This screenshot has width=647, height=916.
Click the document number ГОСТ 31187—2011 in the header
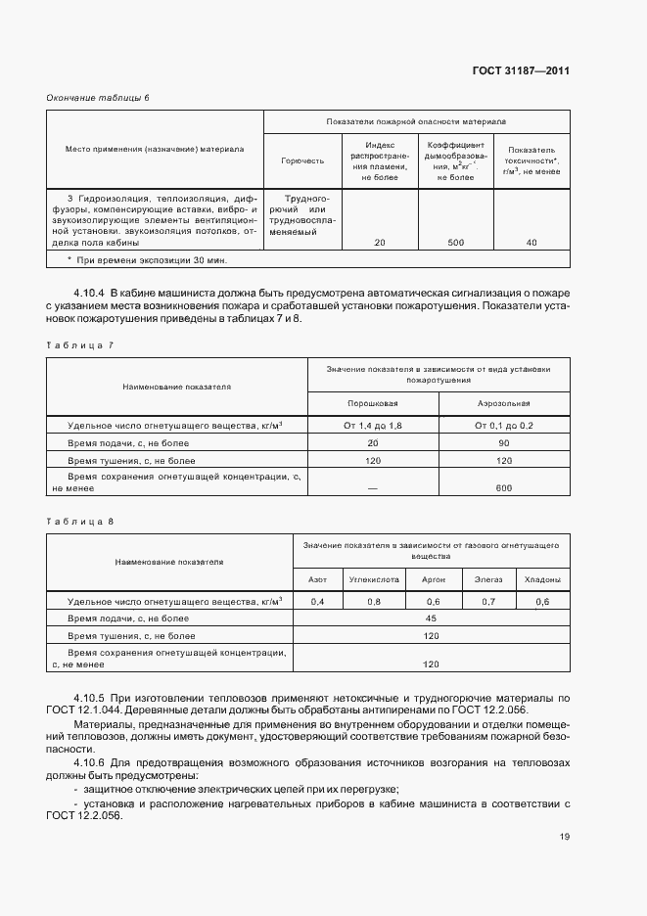click(522, 70)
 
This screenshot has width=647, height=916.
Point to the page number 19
click(565, 836)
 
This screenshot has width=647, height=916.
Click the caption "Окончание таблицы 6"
click(99, 97)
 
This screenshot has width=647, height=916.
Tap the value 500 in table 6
click(455, 243)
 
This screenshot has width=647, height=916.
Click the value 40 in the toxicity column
click(531, 243)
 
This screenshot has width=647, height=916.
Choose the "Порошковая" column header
click(373, 403)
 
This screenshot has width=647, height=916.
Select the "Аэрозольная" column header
click(503, 403)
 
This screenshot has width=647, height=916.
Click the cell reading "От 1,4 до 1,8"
click(373, 426)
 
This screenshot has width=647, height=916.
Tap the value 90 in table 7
click(503, 443)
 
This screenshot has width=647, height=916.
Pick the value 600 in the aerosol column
click(503, 487)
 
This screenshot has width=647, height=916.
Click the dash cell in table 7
click(373, 487)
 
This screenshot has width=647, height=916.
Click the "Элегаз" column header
click(488, 579)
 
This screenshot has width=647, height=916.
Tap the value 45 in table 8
click(430, 618)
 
